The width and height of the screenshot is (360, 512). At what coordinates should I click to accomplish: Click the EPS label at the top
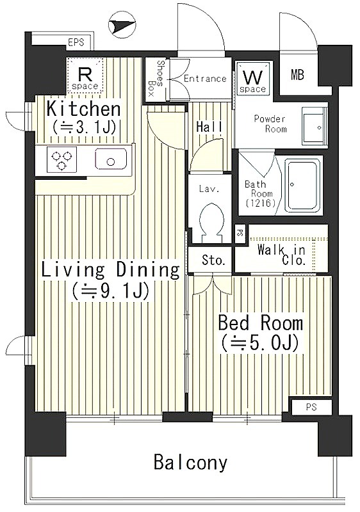coord(76,42)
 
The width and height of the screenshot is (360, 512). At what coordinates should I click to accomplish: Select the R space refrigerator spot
coord(85,75)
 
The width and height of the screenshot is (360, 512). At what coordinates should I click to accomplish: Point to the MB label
coord(297,75)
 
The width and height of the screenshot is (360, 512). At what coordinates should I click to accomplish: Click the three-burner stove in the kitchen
coord(61,159)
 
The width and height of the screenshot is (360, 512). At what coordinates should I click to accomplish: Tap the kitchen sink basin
coord(111,159)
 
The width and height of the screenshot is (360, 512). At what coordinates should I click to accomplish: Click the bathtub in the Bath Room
coord(302,185)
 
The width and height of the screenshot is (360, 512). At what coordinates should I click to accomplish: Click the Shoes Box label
coord(156,78)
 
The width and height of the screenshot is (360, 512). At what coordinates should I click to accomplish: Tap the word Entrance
coord(205,79)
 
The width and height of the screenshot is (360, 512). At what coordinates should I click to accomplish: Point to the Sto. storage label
coord(214,260)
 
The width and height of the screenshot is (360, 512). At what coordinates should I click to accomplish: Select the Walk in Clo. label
coord(282,255)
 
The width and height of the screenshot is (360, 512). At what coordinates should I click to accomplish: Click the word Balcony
coord(190,462)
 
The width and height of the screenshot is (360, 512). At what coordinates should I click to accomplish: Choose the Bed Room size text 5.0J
coord(260,343)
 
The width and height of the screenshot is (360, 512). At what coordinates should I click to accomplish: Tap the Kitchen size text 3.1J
coord(84,127)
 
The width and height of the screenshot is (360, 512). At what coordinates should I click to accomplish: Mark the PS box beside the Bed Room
coord(312,407)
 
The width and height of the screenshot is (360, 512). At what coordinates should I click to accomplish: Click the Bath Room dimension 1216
coord(261,204)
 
